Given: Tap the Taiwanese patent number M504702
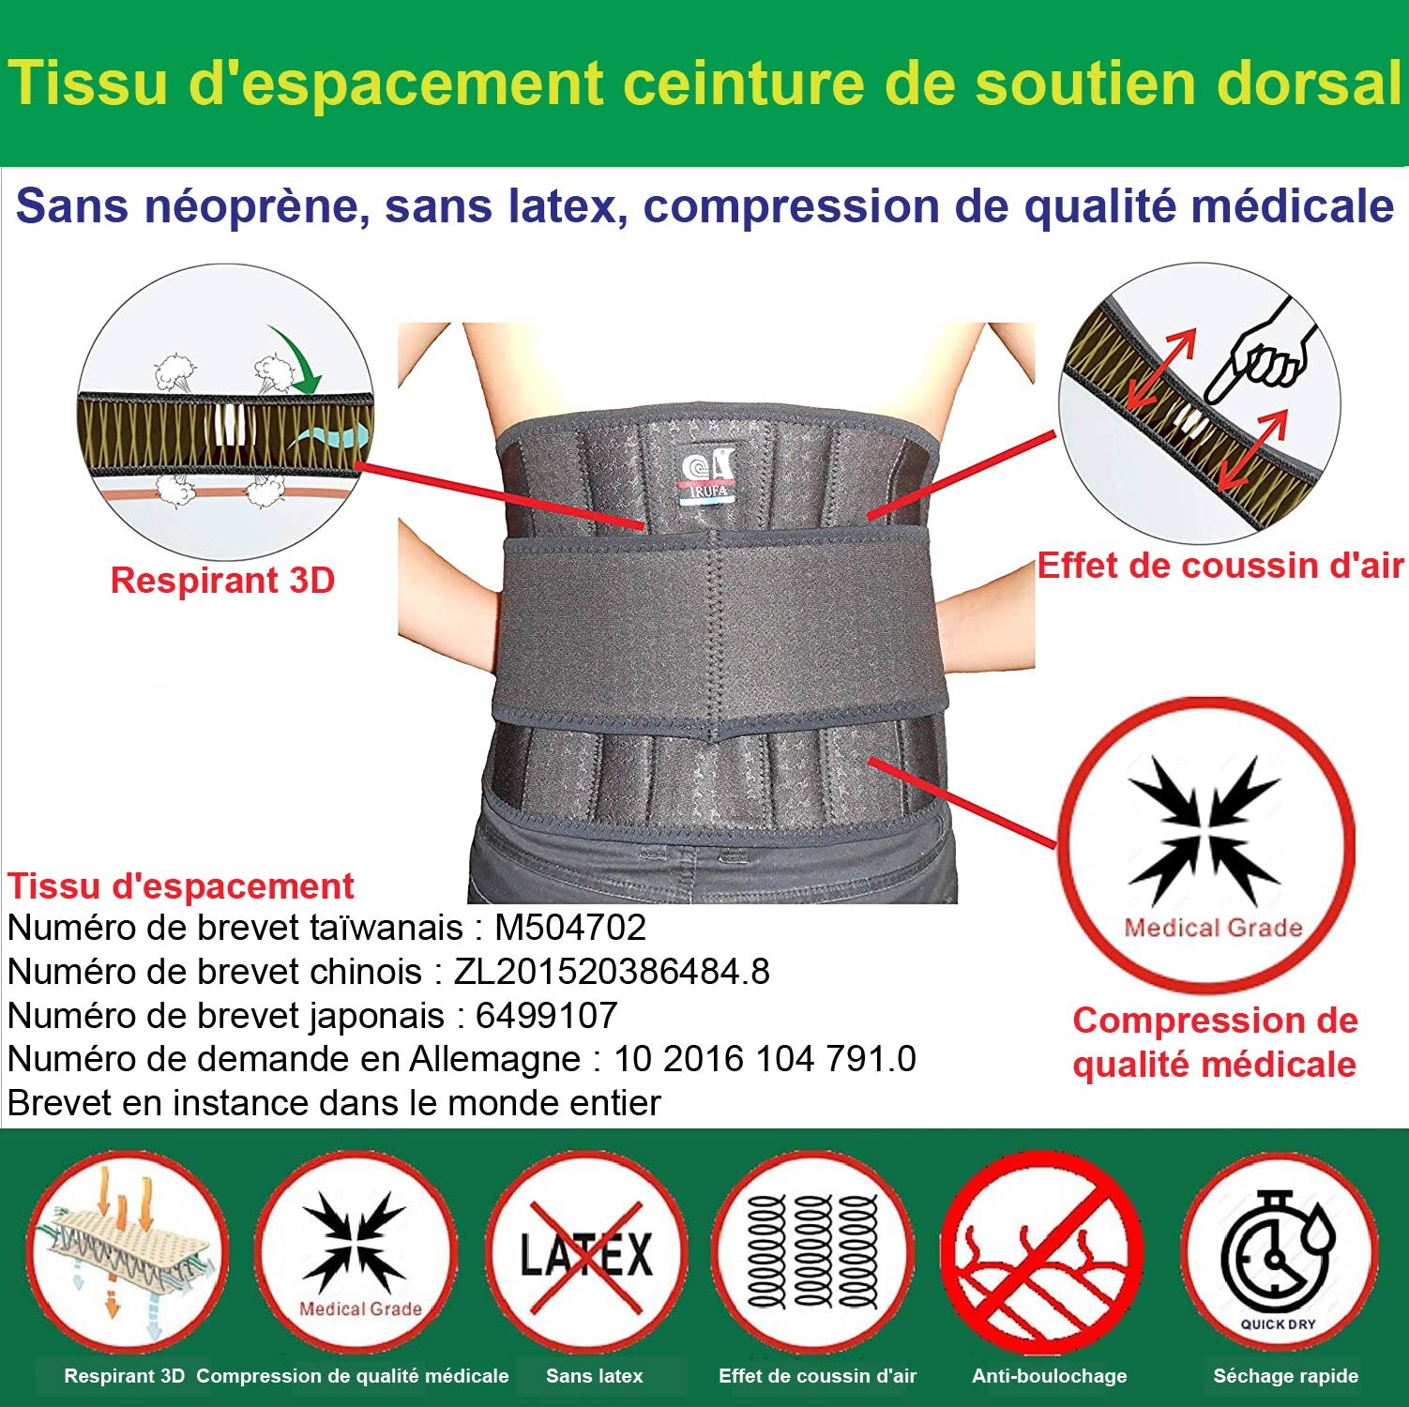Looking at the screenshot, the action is point(570,928).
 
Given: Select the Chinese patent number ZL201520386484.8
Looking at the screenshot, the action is point(612,972).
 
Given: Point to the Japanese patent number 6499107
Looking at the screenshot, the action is point(546,1015).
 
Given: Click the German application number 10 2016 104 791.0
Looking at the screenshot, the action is point(765,1059).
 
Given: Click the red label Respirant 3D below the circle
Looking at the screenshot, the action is point(222,581).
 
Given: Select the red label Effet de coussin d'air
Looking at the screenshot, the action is point(1220,566).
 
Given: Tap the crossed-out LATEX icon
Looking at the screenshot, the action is point(586,1252).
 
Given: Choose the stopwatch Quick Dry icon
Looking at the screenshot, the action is point(1279,1252).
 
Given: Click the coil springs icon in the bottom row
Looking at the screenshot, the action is point(813,1252).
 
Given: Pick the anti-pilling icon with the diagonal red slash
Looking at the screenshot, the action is point(1042,1252).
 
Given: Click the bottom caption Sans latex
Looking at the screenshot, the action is point(595,1376).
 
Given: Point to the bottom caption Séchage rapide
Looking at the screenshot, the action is point(1285,1376).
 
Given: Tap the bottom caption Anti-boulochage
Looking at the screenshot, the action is point(1050,1376).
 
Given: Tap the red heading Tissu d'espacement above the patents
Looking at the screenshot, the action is point(181,886).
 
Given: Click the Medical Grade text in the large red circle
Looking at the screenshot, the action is point(1213,928).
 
